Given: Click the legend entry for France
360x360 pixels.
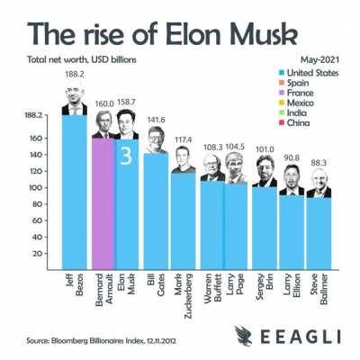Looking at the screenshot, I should click(x=304, y=93).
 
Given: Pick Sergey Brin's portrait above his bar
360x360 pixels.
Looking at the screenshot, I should click(x=265, y=173).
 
